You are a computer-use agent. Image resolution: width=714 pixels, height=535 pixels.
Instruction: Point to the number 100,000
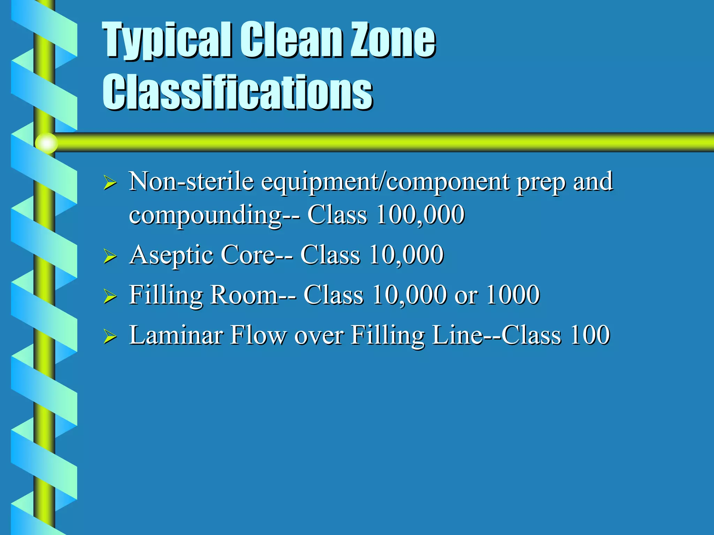pyautogui.click(x=420, y=214)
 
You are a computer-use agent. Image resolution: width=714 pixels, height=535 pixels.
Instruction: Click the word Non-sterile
pyautogui.click(x=191, y=182)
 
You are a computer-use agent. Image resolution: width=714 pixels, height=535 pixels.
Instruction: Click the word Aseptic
pyautogui.click(x=171, y=255)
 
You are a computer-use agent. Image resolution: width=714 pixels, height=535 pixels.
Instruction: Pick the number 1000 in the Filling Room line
pyautogui.click(x=513, y=295)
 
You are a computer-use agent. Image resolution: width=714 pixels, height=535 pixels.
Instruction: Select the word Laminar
pyautogui.click(x=176, y=335)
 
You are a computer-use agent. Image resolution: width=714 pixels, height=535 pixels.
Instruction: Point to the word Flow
pyautogui.click(x=258, y=335)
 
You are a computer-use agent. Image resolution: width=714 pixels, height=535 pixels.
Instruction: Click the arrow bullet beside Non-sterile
pyautogui.click(x=110, y=183)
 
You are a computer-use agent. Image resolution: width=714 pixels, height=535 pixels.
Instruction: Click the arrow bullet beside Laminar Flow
pyautogui.click(x=110, y=337)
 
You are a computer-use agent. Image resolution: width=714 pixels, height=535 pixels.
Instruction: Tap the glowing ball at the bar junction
pyautogui.click(x=46, y=143)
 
